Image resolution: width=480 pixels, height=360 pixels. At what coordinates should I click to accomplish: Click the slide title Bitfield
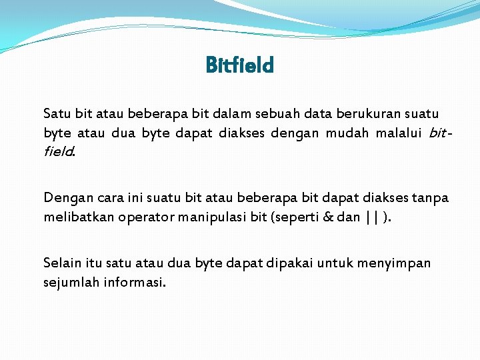tap(240, 65)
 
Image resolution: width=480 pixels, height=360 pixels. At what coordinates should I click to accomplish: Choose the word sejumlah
tap(69, 281)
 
